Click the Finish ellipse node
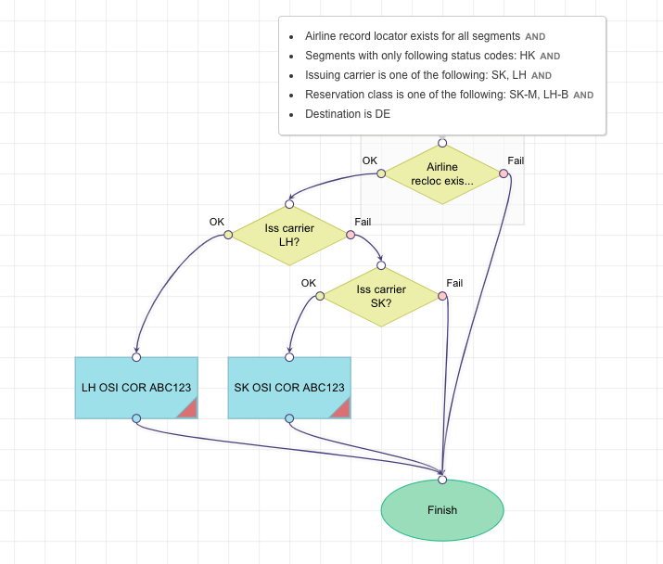pyautogui.click(x=442, y=510)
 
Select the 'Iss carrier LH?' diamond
pyautogui.click(x=289, y=235)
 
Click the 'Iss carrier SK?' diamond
pyautogui.click(x=380, y=296)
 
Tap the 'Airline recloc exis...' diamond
pyautogui.click(x=442, y=173)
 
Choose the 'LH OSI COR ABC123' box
pyautogui.click(x=136, y=388)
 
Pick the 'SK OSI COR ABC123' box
pyautogui.click(x=289, y=388)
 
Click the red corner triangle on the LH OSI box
pyautogui.click(x=188, y=409)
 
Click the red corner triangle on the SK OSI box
pyautogui.click(x=341, y=409)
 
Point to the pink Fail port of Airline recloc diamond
pyautogui.click(x=504, y=173)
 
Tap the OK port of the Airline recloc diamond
pyautogui.click(x=381, y=173)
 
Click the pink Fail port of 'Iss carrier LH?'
pyautogui.click(x=351, y=235)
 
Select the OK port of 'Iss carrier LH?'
pyautogui.click(x=228, y=235)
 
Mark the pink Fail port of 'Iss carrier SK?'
pyautogui.click(x=442, y=296)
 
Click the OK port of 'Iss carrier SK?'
pyautogui.click(x=320, y=296)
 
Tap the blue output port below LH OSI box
pyautogui.click(x=136, y=418)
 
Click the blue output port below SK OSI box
pyautogui.click(x=289, y=418)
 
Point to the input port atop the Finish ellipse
pyautogui.click(x=442, y=480)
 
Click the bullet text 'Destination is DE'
pyautogui.click(x=348, y=114)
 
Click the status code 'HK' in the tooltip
pyautogui.click(x=528, y=56)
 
